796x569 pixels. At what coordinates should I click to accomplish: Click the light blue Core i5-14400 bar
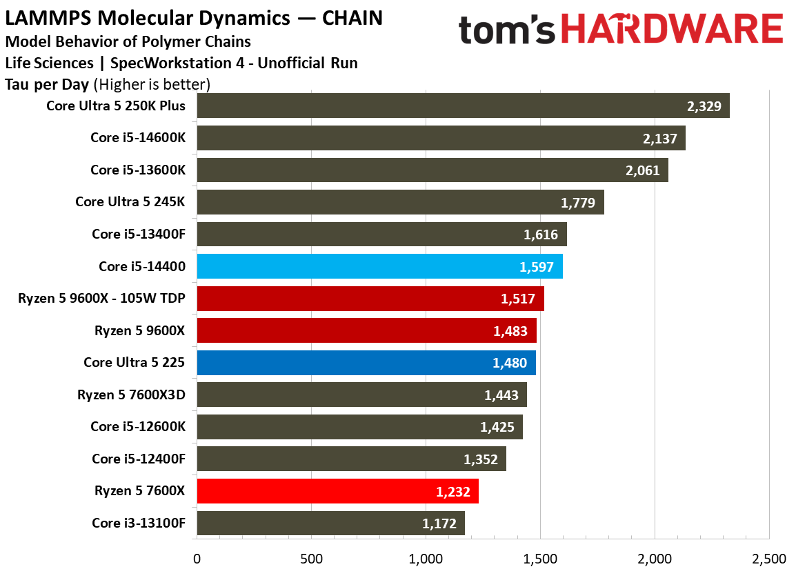click(x=380, y=266)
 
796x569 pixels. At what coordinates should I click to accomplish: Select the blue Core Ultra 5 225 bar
click(x=366, y=362)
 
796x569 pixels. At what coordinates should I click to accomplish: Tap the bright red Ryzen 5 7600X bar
click(x=337, y=491)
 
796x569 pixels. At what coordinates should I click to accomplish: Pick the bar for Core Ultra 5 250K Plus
click(x=464, y=106)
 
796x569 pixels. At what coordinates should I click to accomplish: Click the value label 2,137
click(x=660, y=139)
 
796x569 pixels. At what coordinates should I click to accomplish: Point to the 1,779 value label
click(x=578, y=203)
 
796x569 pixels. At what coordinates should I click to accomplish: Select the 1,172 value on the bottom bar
click(x=439, y=523)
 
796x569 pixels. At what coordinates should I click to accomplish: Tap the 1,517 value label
click(x=518, y=299)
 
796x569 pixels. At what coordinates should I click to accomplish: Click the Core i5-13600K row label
click(x=138, y=170)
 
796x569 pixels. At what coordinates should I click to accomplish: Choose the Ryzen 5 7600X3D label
click(x=132, y=395)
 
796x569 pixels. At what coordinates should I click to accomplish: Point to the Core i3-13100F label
click(x=139, y=523)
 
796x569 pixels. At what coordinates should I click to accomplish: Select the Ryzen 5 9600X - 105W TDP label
click(x=101, y=298)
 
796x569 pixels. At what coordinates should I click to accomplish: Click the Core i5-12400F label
click(x=139, y=459)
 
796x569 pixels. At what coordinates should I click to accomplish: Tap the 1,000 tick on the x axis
click(x=426, y=559)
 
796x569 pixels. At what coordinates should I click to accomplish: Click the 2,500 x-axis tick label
click(x=769, y=559)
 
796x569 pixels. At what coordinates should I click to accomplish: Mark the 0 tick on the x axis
click(x=197, y=559)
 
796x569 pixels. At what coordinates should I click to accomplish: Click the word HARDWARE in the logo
click(x=672, y=29)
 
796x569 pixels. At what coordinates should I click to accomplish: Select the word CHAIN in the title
click(x=352, y=18)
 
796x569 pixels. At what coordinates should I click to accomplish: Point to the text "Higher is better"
click(x=152, y=84)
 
